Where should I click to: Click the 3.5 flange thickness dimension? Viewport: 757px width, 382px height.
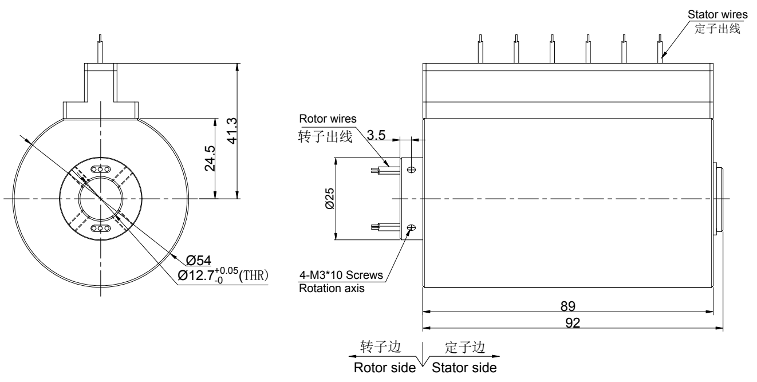pyautogui.click(x=376, y=135)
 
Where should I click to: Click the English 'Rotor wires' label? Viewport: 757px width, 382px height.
pyautogui.click(x=328, y=119)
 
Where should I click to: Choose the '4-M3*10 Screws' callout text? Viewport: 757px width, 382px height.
pyautogui.click(x=341, y=275)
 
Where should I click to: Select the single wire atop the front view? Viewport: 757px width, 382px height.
pyautogui.click(x=101, y=48)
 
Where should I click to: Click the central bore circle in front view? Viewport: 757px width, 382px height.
pyautogui.click(x=101, y=199)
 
